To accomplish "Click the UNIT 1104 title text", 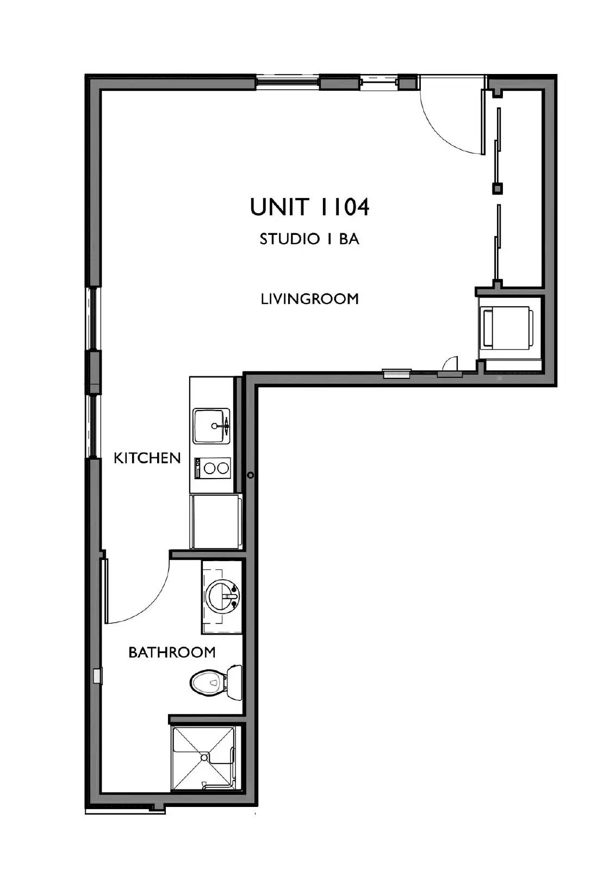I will [309, 207].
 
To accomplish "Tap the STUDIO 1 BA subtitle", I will [309, 239].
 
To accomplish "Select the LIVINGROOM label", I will [309, 299].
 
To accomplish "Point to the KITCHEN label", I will [147, 458].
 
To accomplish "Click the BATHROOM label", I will [172, 652].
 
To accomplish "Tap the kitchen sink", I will [211, 426].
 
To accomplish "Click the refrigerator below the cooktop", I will [214, 521].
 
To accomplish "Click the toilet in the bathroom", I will [208, 682].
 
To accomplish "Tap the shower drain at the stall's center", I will [204, 757].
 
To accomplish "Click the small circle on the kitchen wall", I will [251, 475].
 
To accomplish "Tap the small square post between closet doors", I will [497, 189].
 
